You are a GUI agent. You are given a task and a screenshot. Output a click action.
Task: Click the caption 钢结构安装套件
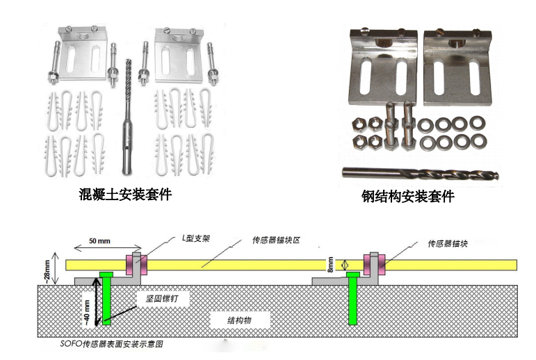[407, 197]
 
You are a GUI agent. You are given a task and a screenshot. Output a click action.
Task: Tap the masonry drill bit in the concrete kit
[128, 118]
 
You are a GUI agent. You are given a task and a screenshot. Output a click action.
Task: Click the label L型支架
[195, 238]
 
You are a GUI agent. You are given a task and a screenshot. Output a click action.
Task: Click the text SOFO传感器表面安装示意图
[111, 343]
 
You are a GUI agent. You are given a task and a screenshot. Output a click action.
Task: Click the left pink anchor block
[132, 264]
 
